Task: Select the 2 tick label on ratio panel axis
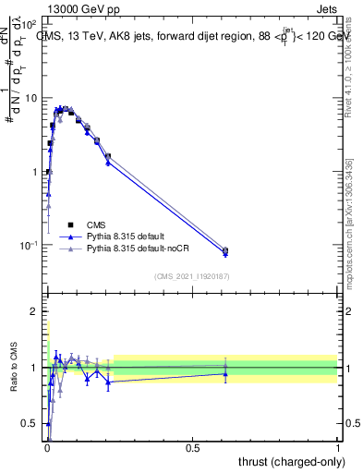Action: (x=35, y=311)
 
